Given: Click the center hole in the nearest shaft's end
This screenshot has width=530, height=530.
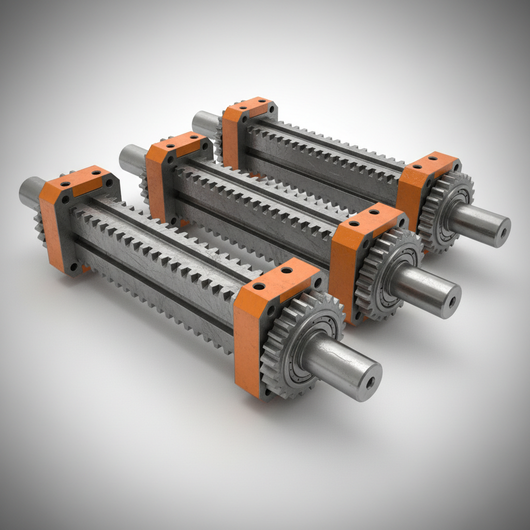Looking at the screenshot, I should [x=370, y=383].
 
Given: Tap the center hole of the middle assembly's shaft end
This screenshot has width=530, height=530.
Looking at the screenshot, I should [x=452, y=303].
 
